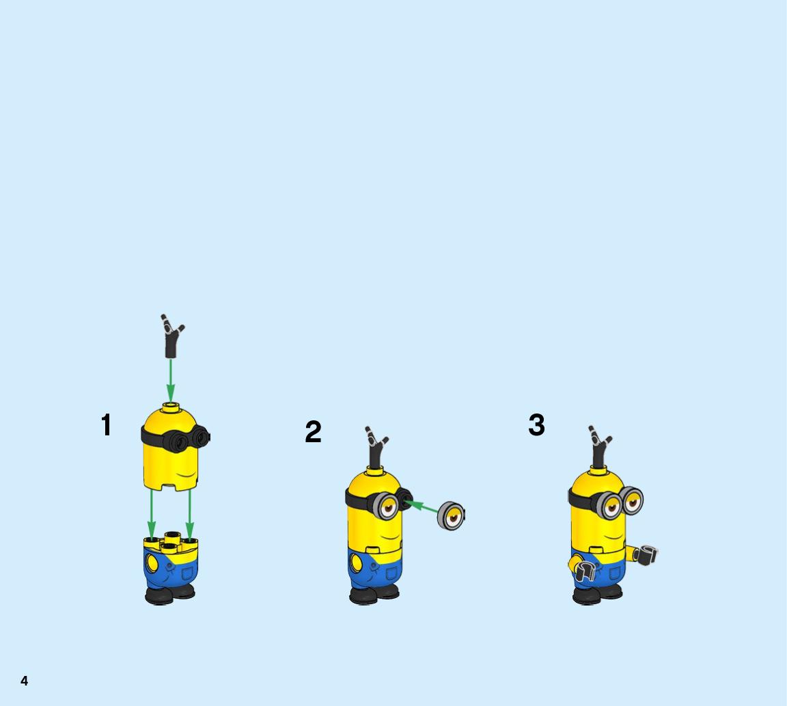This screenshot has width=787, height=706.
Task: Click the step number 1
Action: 107,425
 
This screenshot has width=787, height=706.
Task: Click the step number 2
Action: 313,431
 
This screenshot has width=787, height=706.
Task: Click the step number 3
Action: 536,425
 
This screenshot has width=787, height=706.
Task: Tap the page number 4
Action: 24,681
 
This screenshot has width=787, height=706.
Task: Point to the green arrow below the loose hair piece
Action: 171,380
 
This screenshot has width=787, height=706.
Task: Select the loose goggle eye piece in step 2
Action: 451,516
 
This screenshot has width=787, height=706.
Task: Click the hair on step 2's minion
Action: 376,447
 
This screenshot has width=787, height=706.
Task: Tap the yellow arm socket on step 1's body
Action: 151,562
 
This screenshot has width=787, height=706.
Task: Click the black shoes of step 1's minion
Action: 169,594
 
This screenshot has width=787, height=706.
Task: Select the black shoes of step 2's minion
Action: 374,594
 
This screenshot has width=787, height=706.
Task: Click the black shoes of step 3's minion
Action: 597,594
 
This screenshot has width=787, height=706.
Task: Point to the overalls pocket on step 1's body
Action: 189,573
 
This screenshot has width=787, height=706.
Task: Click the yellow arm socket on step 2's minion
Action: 356,562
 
